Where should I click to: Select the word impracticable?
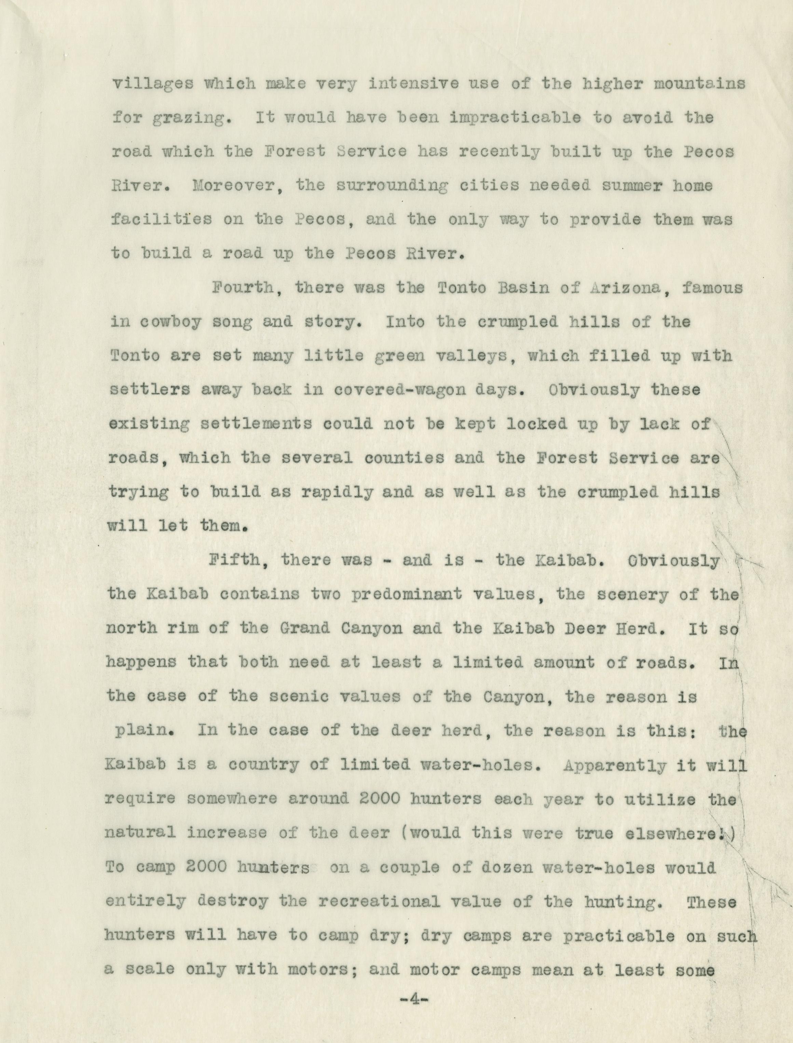click(515, 118)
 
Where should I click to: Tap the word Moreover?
click(237, 186)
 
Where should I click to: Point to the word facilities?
click(161, 219)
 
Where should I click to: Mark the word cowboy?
click(172, 322)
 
